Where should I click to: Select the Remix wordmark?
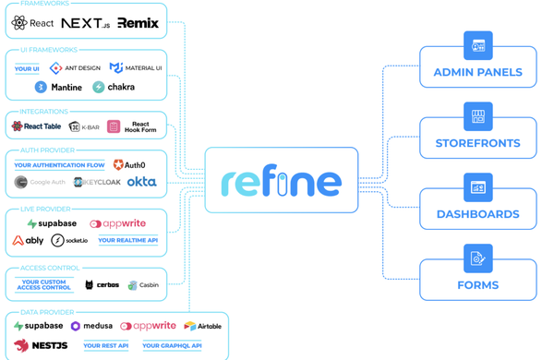pyautogui.click(x=138, y=23)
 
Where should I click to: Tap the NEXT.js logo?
pyautogui.click(x=85, y=23)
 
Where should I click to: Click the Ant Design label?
pyautogui.click(x=75, y=67)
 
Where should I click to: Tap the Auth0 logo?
pyautogui.click(x=128, y=165)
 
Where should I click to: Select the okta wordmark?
pyautogui.click(x=141, y=182)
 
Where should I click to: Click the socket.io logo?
pyautogui.click(x=69, y=240)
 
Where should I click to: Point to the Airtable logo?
pyautogui.click(x=202, y=326)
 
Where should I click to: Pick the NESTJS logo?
pyautogui.click(x=41, y=345)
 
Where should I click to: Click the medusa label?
pyautogui.click(x=91, y=326)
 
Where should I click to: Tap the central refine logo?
pyautogui.click(x=281, y=180)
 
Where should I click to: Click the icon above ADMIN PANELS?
pyautogui.click(x=477, y=45)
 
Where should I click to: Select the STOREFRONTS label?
pyautogui.click(x=477, y=143)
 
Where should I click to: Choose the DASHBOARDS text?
pyautogui.click(x=477, y=214)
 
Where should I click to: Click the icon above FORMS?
pyautogui.click(x=477, y=258)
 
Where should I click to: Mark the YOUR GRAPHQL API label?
pyautogui.click(x=172, y=346)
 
